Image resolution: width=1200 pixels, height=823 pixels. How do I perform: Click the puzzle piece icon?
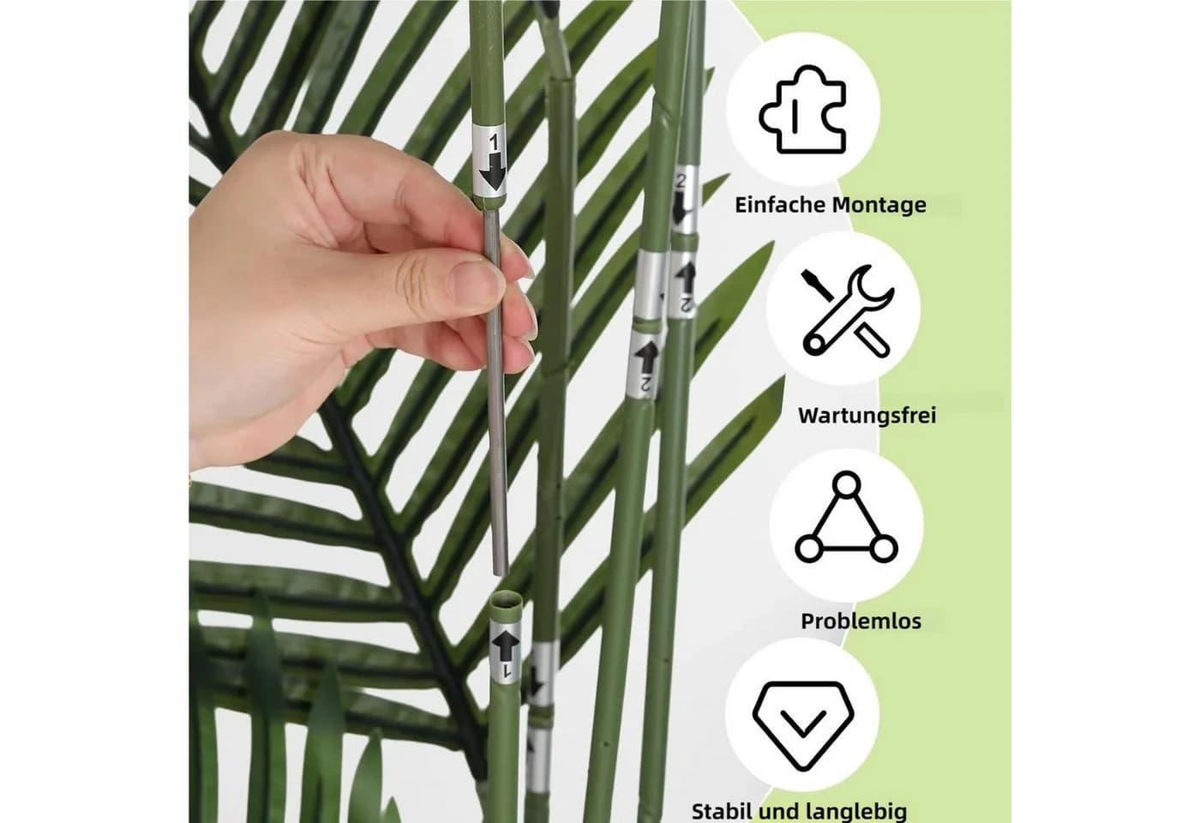[x=802, y=110]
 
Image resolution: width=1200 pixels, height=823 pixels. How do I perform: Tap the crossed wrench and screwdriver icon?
[x=847, y=310]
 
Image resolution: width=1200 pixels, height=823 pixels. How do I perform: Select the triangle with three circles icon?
[x=847, y=517]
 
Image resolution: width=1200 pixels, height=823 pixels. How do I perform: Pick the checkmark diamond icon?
[x=803, y=725]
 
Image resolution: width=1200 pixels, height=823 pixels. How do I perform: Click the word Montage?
[x=879, y=206]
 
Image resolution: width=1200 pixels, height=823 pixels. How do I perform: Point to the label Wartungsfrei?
[x=867, y=416]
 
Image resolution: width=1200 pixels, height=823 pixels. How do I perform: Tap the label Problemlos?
[x=861, y=622]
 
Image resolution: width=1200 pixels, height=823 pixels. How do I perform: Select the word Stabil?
[x=724, y=811]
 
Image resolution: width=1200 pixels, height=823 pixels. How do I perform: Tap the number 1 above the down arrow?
[x=494, y=142]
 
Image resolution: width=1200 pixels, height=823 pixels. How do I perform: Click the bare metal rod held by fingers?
[x=496, y=391]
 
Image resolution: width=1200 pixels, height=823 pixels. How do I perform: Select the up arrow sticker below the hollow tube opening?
[x=505, y=653]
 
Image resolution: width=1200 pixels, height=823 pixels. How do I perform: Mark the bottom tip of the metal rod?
[x=501, y=574]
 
